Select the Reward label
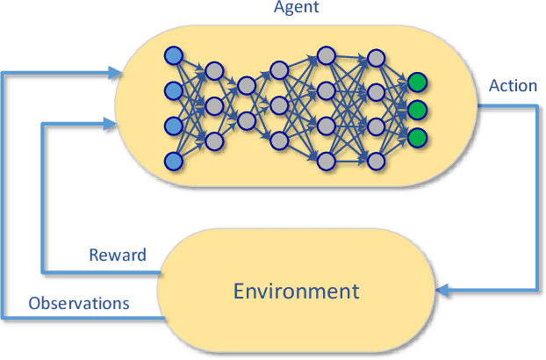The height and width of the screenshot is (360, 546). click(x=117, y=256)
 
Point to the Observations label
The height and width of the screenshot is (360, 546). click(x=79, y=304)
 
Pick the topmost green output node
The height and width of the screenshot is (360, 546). click(x=417, y=83)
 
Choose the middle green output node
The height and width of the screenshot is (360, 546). click(x=417, y=111)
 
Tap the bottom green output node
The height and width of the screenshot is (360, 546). click(x=417, y=137)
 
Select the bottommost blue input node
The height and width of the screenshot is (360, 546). click(x=173, y=161)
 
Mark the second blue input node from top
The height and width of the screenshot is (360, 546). click(x=173, y=91)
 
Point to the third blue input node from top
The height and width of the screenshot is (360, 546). click(x=173, y=126)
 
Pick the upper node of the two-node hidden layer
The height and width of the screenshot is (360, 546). click(x=247, y=85)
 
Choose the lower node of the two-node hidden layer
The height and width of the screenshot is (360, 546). click(x=247, y=120)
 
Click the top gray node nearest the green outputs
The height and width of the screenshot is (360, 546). click(x=376, y=58)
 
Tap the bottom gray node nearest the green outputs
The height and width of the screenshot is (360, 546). click(x=376, y=160)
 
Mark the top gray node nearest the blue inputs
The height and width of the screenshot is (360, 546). click(x=212, y=70)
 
